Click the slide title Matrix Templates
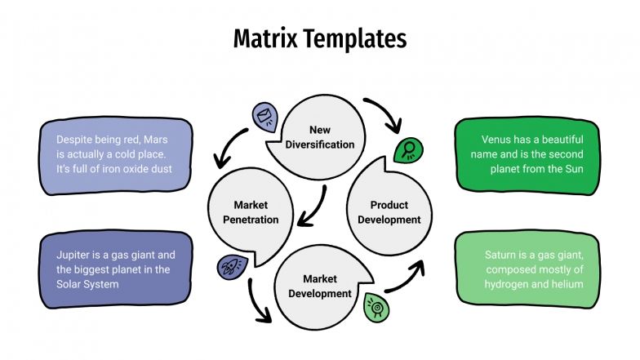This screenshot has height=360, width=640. pyautogui.click(x=319, y=38)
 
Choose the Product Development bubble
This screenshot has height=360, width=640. pyautogui.click(x=389, y=212)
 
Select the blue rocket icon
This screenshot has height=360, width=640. pyautogui.click(x=230, y=265)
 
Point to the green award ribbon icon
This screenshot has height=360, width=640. pyautogui.click(x=376, y=305)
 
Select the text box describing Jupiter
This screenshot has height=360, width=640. pyautogui.click(x=116, y=269)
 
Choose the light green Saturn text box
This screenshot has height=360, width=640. pyautogui.click(x=526, y=269)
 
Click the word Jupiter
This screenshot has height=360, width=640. pyautogui.click(x=75, y=255)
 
